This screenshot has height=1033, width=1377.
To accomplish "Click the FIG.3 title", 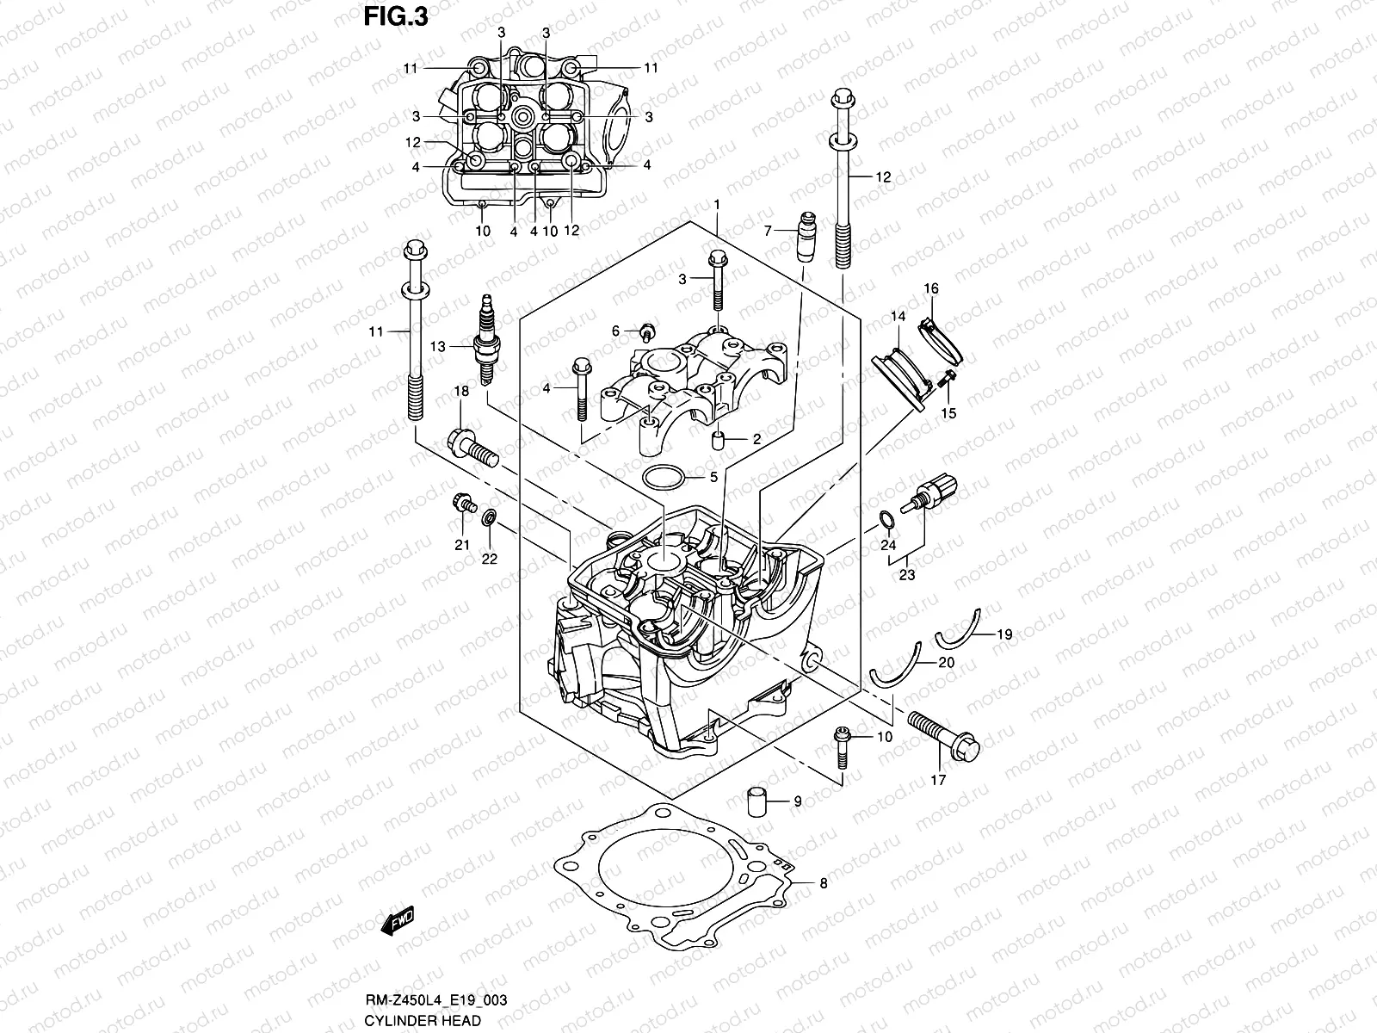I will click(395, 16).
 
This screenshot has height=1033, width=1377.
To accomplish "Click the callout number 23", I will click(906, 576).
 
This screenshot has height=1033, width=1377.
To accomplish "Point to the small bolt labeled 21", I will click(463, 503).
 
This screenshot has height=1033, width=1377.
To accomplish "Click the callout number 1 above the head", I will click(716, 204).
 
